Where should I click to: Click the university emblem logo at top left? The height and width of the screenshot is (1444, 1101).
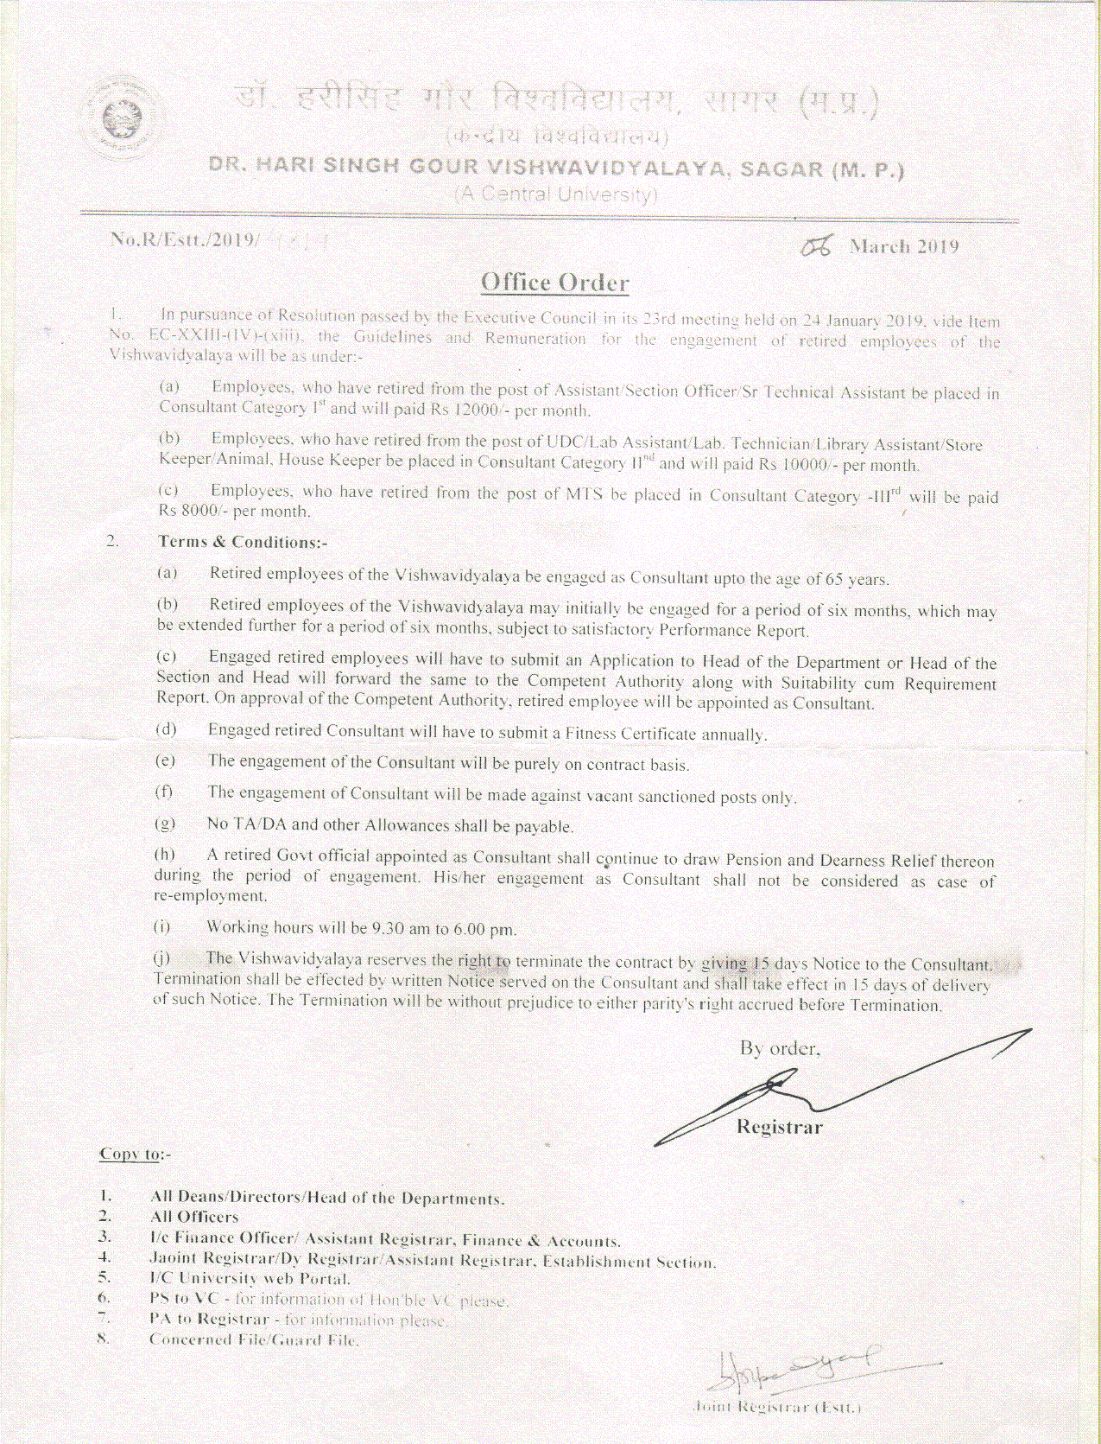pyautogui.click(x=120, y=119)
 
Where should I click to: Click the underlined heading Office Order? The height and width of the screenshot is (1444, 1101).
pyautogui.click(x=554, y=283)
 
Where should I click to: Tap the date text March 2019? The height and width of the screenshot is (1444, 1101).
pyautogui.click(x=903, y=247)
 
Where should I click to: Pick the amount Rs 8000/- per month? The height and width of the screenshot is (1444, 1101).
pyautogui.click(x=233, y=511)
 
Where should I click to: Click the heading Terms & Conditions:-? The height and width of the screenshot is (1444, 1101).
pyautogui.click(x=242, y=542)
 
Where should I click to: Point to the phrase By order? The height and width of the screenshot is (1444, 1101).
pyautogui.click(x=779, y=1048)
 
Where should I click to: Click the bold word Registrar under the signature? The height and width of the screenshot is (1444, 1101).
pyautogui.click(x=779, y=1127)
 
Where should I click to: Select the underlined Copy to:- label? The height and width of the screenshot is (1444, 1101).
pyautogui.click(x=136, y=1154)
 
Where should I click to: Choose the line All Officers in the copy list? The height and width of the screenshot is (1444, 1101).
pyautogui.click(x=194, y=1217)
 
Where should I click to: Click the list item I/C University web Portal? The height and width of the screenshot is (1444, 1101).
pyautogui.click(x=250, y=1278)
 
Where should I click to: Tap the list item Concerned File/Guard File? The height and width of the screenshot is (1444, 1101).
pyautogui.click(x=254, y=1339)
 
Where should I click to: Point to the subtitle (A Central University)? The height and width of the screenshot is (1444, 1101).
pyautogui.click(x=556, y=194)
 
